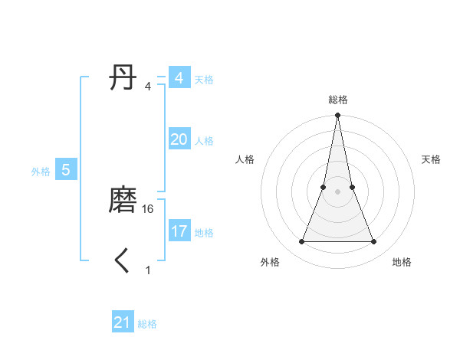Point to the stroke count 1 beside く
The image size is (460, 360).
tap(148, 270)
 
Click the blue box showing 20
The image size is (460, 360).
tap(179, 139)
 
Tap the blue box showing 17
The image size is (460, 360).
tap(179, 231)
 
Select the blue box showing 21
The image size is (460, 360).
tap(123, 323)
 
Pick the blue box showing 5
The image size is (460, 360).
tap(66, 170)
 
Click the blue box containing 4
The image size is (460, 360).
tap(179, 78)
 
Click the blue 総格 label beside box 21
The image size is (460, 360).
tap(147, 324)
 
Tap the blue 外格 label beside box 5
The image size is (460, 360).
tap(41, 172)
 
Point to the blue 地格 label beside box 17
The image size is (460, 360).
tap(204, 233)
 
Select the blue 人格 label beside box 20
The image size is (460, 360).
tap(204, 141)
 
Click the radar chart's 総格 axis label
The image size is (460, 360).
tap(337, 100)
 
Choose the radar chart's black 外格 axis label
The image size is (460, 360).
tap(270, 262)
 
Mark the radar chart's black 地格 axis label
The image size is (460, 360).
tap(402, 262)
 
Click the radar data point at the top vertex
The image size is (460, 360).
tap(337, 116)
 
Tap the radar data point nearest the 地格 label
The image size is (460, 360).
tap(374, 242)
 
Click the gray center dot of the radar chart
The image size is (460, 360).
tap(337, 191)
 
